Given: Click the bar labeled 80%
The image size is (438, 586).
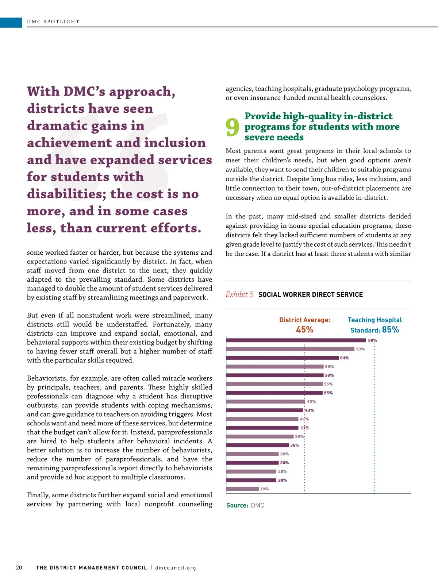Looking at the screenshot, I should pos(296,340).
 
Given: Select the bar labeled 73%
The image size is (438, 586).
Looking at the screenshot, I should pos(290,349).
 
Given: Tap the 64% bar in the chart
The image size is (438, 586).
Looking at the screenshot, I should pos(283,358).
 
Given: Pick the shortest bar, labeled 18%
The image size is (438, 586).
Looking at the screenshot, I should pos(242,489).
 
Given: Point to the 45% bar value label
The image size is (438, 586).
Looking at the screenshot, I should pos(311,402).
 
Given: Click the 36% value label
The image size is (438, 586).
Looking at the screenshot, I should pos(295,445).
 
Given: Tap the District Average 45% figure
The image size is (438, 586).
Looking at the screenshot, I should pos(305,330).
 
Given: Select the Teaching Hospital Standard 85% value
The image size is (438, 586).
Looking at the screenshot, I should pos(390,330).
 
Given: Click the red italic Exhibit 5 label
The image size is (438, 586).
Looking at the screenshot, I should pos(239,294).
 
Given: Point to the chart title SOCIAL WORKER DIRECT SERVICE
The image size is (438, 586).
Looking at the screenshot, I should pos(311,295).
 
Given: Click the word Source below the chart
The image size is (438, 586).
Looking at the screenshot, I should pos(237,505).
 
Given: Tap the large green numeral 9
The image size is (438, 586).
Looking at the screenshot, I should pos(233,127).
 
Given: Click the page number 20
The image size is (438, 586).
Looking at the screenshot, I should pos(19,567).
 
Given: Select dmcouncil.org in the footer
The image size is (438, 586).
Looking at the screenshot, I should pos(176,568).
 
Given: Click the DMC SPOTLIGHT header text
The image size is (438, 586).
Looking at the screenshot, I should pos(53,22).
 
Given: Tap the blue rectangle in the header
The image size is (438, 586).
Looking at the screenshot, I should pos(11,22).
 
